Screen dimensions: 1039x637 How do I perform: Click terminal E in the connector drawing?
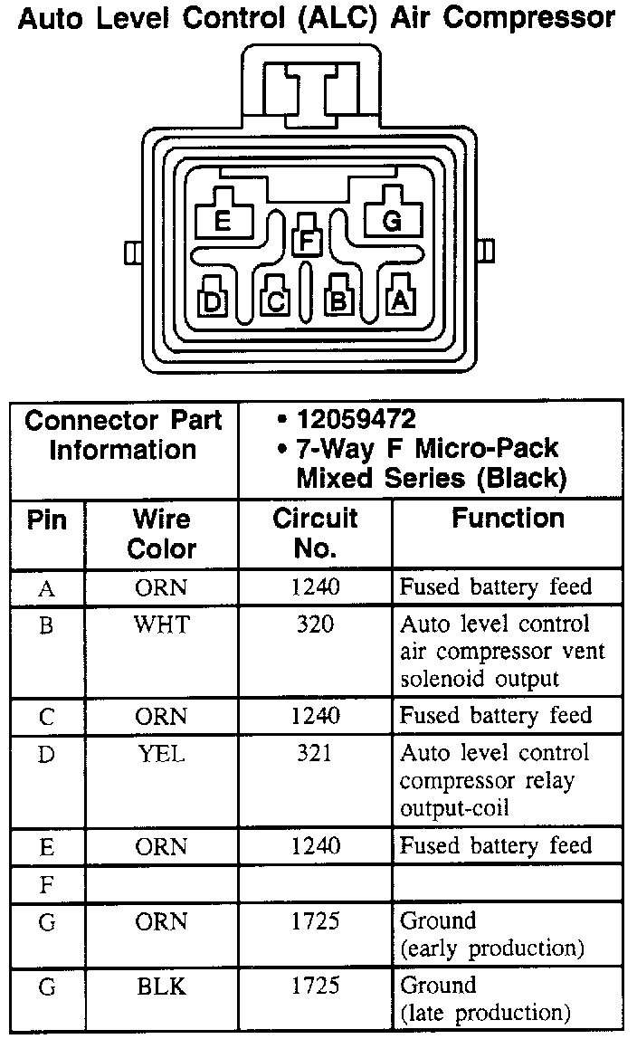pos(222,220)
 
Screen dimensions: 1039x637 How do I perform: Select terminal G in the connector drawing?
pos(392,220)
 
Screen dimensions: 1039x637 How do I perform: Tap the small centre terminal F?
pos(308,241)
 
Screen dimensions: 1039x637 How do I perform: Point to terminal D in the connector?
pos(212,301)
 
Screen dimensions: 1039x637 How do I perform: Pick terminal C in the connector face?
pos(275,301)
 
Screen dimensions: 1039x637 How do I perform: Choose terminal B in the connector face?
pos(338,301)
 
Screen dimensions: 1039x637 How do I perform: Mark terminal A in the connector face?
pos(399,300)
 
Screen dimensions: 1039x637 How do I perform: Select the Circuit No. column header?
pos(315,533)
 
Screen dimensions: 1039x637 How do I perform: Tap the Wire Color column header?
pos(161,533)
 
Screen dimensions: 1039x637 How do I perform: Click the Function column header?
pos(508,519)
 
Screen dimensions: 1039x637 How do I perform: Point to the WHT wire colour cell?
pos(161,624)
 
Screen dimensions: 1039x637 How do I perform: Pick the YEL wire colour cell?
pos(161,753)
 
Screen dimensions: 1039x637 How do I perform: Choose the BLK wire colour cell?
pos(161,986)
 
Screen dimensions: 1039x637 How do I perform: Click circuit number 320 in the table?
pos(315,624)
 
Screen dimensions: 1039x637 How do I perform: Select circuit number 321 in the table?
pos(315,753)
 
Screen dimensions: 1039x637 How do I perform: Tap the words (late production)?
pos(486,1012)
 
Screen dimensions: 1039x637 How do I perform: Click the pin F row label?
pos(47,884)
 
